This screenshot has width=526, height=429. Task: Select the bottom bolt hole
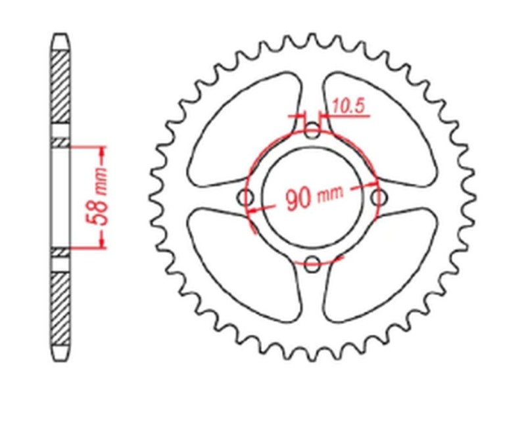pos(313,264)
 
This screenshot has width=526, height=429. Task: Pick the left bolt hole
pos(248,198)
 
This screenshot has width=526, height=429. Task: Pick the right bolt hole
pos(377,198)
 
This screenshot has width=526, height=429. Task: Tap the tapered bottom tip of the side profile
pos(60,354)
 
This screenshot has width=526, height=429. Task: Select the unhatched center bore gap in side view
pos(60,197)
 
